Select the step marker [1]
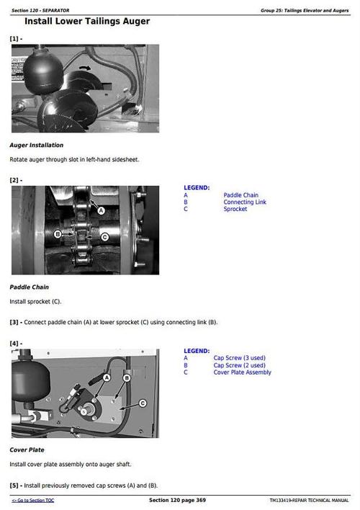pos(14,38)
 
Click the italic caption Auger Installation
pos(36,145)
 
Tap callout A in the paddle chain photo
pos(101,210)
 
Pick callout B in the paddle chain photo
pos(58,234)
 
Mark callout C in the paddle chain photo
pos(104,236)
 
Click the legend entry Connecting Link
pos(244,202)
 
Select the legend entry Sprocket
pos(235,210)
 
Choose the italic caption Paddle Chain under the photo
pos(29,287)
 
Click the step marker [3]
pos(14,322)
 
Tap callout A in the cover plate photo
pos(107,377)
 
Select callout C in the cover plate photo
pos(142,403)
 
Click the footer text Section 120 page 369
pos(177,500)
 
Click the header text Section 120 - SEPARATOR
pos(40,10)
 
